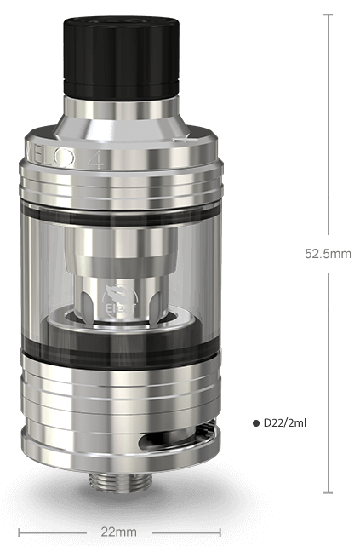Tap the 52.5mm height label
pyautogui.click(x=328, y=252)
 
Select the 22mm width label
pyautogui.click(x=118, y=532)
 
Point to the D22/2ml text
pyautogui.click(x=285, y=422)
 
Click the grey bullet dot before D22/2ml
pyautogui.click(x=256, y=422)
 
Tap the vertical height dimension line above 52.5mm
pyautogui.click(x=328, y=128)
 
